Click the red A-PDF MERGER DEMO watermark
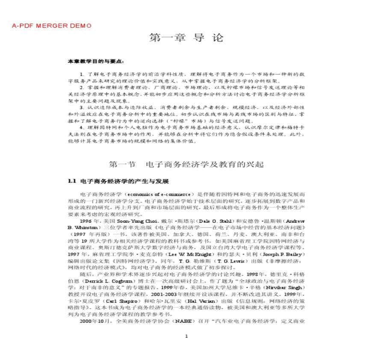tap(51, 26)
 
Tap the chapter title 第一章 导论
tap(186, 38)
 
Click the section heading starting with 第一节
tap(186, 164)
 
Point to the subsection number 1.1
tap(71, 181)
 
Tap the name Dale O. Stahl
tap(208, 221)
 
